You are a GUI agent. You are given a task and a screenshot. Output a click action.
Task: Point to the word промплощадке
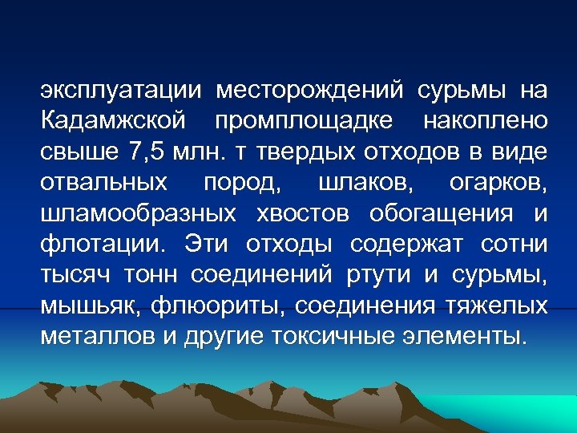[304, 122]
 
